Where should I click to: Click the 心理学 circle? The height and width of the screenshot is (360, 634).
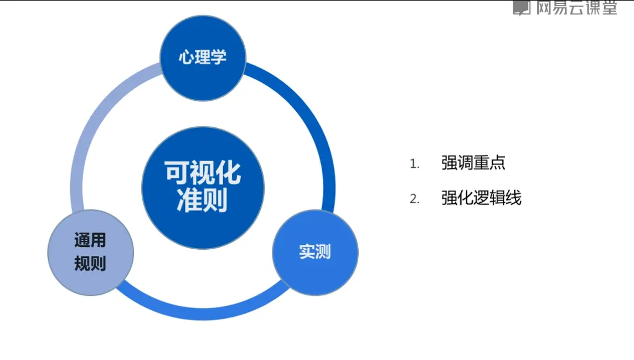[203, 58]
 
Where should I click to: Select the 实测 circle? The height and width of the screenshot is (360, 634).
[315, 252]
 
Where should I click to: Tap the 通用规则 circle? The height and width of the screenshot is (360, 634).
[90, 253]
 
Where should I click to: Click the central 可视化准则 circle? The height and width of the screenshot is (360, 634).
[203, 188]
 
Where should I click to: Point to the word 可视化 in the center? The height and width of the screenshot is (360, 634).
[203, 173]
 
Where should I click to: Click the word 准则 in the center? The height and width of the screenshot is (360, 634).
[203, 202]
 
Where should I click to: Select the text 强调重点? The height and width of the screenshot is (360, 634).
[473, 163]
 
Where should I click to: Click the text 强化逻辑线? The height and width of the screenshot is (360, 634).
[481, 198]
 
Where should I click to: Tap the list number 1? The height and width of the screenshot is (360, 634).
[414, 164]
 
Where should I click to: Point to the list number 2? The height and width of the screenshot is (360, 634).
[414, 199]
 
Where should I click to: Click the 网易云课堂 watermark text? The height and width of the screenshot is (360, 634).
[576, 7]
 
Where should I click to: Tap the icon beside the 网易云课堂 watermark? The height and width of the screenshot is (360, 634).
[522, 7]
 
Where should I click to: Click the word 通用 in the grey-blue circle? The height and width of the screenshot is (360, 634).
[90, 241]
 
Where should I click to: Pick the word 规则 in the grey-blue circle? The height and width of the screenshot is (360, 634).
[90, 264]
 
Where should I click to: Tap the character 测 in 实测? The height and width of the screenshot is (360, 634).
[323, 252]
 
